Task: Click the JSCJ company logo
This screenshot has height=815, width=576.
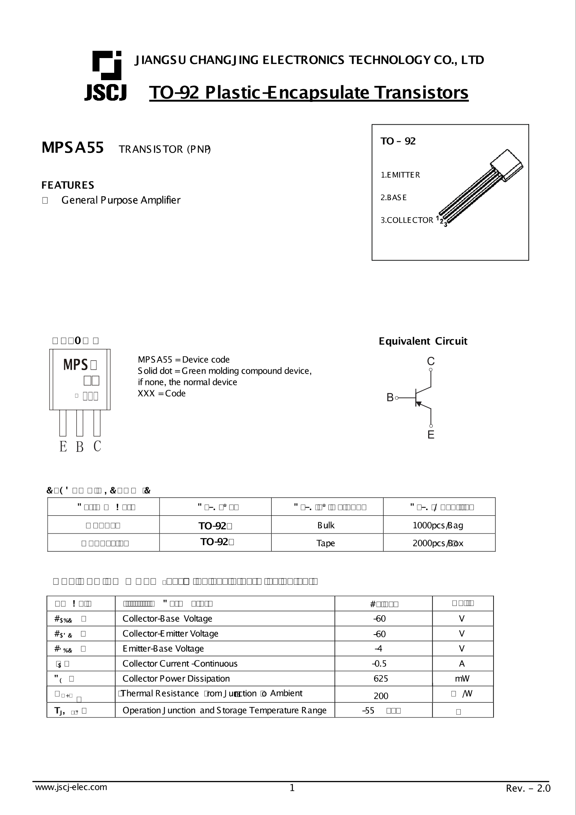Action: pyautogui.click(x=106, y=76)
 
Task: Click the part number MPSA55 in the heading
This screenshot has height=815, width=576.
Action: pyautogui.click(x=73, y=148)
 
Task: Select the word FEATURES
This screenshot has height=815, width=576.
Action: pyautogui.click(x=68, y=185)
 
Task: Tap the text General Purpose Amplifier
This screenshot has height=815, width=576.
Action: pyautogui.click(x=121, y=200)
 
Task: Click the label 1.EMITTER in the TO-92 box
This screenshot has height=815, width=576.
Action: pyautogui.click(x=400, y=175)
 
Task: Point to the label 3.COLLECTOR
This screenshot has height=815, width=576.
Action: pyautogui.click(x=407, y=220)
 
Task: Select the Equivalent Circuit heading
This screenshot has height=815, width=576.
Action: pyautogui.click(x=423, y=341)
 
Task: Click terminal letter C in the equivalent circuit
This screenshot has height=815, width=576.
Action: pyautogui.click(x=430, y=361)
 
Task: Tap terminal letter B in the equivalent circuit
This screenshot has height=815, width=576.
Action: pyautogui.click(x=390, y=397)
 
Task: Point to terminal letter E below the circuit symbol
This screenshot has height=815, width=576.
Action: pyautogui.click(x=431, y=435)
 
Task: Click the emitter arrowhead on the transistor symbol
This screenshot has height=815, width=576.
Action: pyautogui.click(x=418, y=404)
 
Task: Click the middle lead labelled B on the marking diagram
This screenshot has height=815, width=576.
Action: pyautogui.click(x=80, y=423)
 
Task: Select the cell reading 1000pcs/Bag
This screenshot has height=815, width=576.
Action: pyautogui.click(x=439, y=525)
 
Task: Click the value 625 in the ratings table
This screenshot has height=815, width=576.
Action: pyautogui.click(x=381, y=679)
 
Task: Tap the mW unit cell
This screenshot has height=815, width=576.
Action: pyautogui.click(x=462, y=679)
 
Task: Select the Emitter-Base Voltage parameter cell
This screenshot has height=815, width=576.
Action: pyautogui.click(x=163, y=649)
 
